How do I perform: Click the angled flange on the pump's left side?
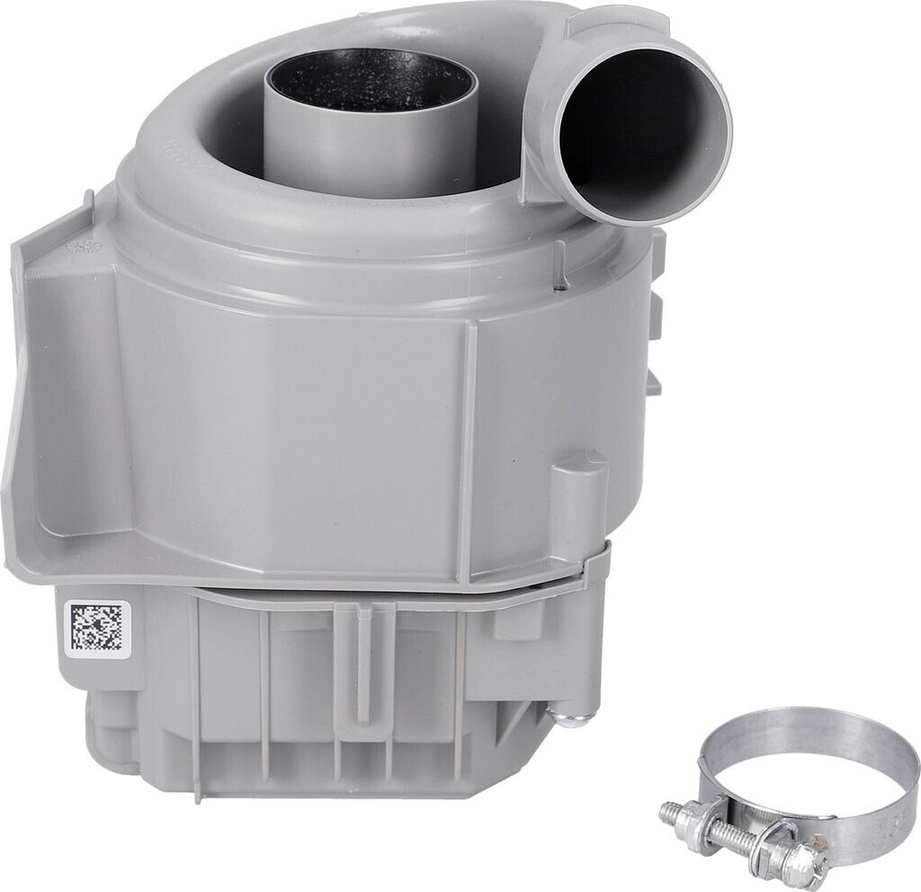click(x=54, y=387)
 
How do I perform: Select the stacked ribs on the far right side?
click(x=654, y=315)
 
